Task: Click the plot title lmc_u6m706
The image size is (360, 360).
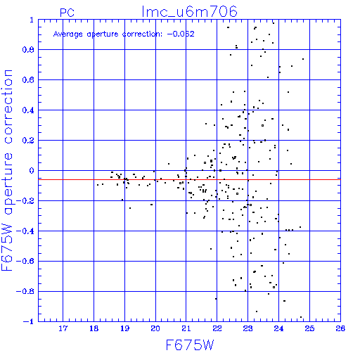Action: point(189,12)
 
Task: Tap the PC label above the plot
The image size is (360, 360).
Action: point(67,13)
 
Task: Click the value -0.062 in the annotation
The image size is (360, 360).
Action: point(181,34)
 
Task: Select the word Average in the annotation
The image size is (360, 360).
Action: point(68,34)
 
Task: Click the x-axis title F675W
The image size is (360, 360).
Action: point(190,345)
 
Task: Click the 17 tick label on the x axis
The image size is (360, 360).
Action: point(63,328)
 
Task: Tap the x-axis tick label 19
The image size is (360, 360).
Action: point(124,328)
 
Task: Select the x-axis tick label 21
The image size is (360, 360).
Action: point(186,328)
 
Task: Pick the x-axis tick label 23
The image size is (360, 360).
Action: point(247,328)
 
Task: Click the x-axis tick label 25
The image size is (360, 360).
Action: point(309,328)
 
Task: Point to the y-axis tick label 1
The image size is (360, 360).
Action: point(32,20)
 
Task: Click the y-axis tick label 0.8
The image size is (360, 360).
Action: point(28,50)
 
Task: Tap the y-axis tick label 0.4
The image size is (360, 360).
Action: point(28,110)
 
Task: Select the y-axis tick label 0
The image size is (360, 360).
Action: point(32,171)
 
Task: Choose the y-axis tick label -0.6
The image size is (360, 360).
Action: point(25,262)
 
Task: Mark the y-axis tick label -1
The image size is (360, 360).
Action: point(29,321)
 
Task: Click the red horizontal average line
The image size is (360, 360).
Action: point(189,179)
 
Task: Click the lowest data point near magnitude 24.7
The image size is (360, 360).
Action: point(301,317)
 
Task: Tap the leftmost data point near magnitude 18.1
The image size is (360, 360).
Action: point(98,185)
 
